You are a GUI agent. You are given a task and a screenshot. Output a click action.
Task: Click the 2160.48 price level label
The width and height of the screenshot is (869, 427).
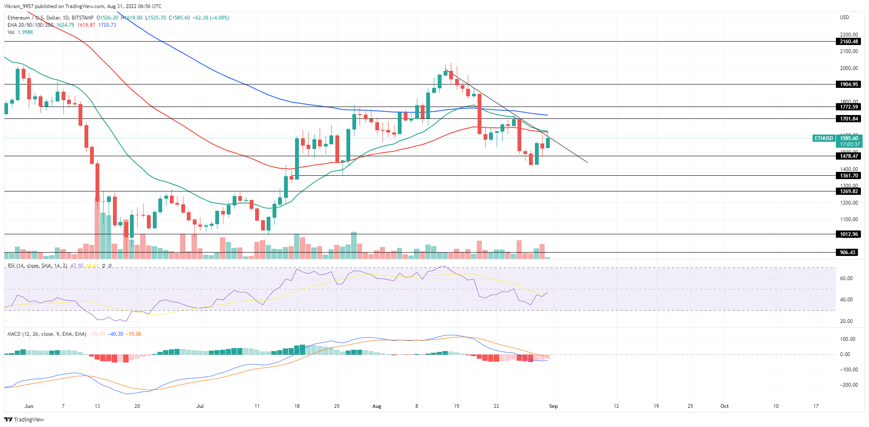(x=849, y=42)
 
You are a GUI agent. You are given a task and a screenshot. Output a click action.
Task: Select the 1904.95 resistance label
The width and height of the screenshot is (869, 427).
(x=849, y=84)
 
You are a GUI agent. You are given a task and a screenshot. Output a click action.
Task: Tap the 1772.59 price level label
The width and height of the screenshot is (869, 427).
(x=849, y=107)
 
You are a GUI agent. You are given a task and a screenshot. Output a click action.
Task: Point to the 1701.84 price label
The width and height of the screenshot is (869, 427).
(x=849, y=119)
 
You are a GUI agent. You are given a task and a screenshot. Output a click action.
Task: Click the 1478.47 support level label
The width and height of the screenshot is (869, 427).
(x=849, y=156)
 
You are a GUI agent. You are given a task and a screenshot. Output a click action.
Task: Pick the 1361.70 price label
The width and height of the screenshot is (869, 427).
(x=849, y=176)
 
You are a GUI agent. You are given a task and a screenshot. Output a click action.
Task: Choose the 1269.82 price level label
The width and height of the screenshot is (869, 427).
(x=849, y=191)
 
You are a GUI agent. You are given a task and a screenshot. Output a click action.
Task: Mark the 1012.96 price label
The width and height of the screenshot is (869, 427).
(x=849, y=234)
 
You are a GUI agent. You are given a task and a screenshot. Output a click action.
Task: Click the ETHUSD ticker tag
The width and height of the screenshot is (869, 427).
(x=824, y=138)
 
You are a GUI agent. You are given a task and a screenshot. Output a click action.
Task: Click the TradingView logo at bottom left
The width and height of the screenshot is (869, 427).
(x=24, y=420)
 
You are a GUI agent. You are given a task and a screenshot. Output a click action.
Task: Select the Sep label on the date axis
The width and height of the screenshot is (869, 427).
(x=553, y=406)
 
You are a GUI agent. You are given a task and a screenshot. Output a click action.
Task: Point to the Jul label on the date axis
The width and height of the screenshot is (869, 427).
(x=200, y=406)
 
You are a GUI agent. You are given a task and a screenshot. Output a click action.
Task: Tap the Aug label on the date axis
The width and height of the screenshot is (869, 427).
(x=377, y=406)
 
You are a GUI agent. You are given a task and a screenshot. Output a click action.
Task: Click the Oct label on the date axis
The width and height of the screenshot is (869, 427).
(x=724, y=406)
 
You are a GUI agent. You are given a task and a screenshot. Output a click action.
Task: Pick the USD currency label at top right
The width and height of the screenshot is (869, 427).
(x=844, y=17)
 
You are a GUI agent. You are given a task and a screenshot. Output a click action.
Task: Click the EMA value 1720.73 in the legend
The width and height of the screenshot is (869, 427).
(x=107, y=25)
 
